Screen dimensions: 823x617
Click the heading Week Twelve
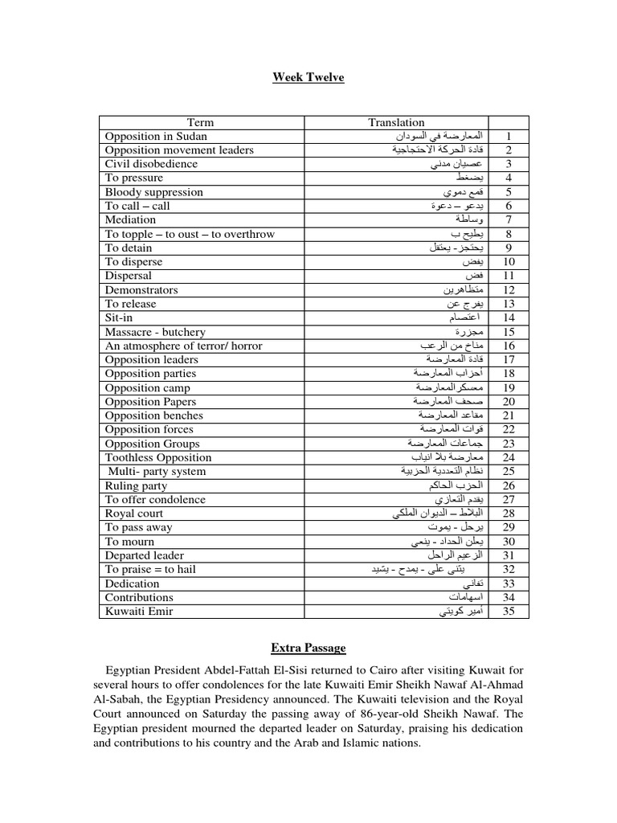(308, 77)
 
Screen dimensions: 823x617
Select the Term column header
(200, 122)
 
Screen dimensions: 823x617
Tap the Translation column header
(396, 122)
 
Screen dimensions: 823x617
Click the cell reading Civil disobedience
(151, 164)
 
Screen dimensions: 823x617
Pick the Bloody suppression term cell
(154, 192)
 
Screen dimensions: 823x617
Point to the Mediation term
(130, 219)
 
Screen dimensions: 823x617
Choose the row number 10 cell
(509, 262)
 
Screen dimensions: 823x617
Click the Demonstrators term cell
(141, 289)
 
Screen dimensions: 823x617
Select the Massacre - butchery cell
(155, 332)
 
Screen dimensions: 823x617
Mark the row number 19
(509, 387)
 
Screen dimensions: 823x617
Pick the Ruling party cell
(136, 485)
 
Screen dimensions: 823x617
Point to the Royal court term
(134, 514)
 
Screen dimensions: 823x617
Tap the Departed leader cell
(145, 555)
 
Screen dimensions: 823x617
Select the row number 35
(509, 611)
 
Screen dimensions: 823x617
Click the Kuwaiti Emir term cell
(139, 611)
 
